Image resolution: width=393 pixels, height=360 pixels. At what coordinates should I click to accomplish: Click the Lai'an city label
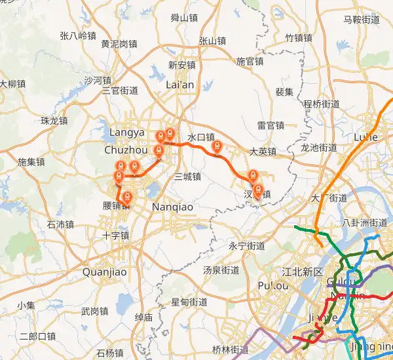(181, 85)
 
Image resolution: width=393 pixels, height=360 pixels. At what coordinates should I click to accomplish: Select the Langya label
(126, 133)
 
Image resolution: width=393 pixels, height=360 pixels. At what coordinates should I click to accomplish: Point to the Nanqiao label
(172, 207)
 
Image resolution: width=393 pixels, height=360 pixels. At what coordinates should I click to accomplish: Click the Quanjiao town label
(104, 272)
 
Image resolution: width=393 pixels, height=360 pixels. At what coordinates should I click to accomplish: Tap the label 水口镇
(201, 137)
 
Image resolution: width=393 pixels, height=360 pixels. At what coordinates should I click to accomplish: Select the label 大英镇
(263, 152)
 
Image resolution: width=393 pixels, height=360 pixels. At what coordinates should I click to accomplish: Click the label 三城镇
(187, 177)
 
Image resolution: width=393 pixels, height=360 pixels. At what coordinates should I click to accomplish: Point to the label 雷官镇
(271, 125)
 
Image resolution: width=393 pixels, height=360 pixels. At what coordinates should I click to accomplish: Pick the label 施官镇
(250, 62)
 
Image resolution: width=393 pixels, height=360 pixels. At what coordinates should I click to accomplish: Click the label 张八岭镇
(77, 35)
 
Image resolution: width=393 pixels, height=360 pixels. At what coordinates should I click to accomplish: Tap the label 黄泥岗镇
(119, 45)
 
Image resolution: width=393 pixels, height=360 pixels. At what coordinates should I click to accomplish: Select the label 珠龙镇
(54, 120)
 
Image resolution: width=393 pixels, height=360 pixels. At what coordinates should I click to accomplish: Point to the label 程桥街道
(321, 103)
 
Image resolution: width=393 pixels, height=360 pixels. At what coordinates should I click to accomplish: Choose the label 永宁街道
(247, 246)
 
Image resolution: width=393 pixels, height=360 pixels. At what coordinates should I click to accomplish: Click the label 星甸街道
(189, 302)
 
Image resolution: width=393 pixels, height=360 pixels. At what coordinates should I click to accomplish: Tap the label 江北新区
(302, 272)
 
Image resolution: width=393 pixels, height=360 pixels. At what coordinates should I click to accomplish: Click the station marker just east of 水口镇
(218, 147)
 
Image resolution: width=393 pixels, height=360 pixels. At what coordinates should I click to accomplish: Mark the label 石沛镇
(60, 225)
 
